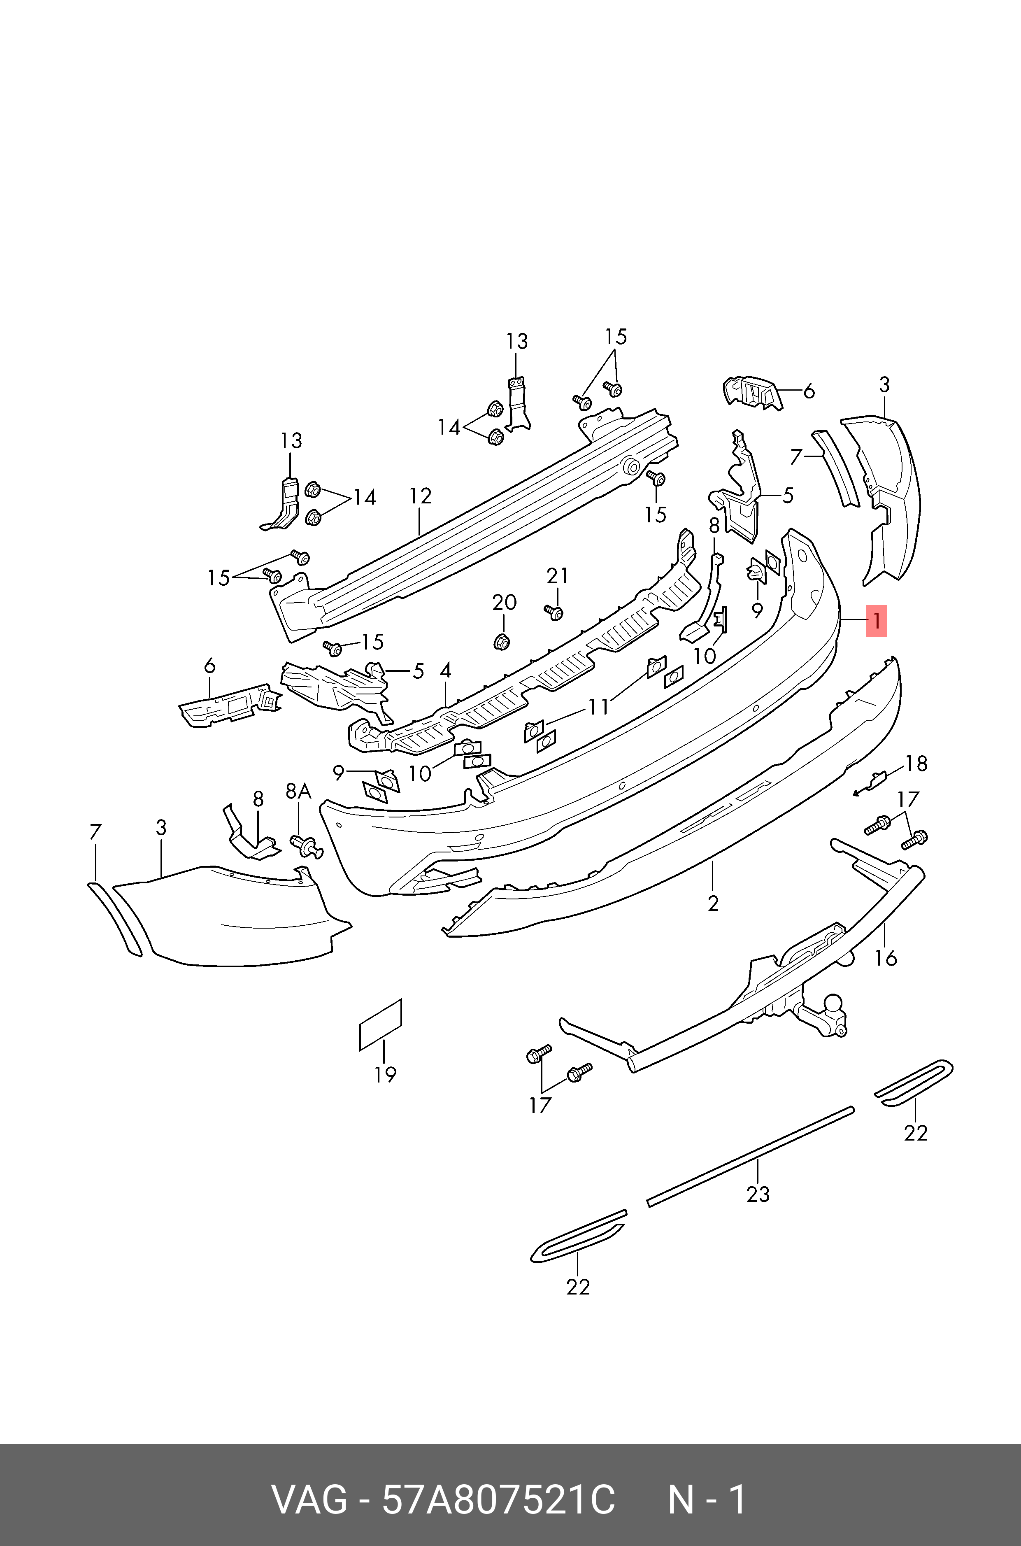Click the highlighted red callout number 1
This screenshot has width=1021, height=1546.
coord(877,621)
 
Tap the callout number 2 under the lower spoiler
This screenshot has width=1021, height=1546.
coord(713,903)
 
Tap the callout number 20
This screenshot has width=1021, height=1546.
coord(504,602)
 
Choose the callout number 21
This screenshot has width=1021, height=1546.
coord(557,576)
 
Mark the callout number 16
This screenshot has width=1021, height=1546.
coord(886,958)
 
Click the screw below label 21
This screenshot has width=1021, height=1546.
coord(554,612)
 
